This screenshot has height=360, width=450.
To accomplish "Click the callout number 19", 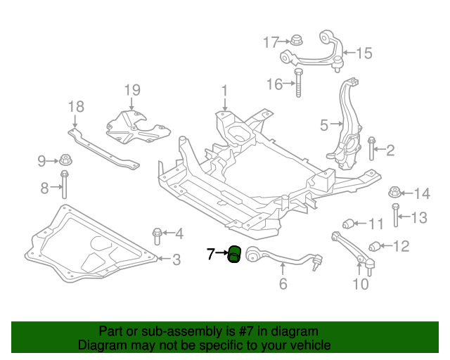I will (133, 90).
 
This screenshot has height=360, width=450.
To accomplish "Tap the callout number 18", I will (76, 107).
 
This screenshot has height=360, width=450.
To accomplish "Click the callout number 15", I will (364, 53).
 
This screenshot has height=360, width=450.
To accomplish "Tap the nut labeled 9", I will (66, 161).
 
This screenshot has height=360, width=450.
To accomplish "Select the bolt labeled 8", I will (65, 186).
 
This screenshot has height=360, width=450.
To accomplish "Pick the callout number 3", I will (176, 259).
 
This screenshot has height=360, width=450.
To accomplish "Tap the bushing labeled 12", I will (375, 245).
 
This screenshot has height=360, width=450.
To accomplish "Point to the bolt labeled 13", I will (396, 215).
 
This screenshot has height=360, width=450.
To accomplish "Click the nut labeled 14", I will (395, 193).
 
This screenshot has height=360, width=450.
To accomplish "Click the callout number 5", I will (324, 125).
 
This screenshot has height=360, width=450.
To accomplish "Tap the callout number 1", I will (224, 91).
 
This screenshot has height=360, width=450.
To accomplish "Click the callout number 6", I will (283, 285).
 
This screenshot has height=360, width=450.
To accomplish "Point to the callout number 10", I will (360, 285).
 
